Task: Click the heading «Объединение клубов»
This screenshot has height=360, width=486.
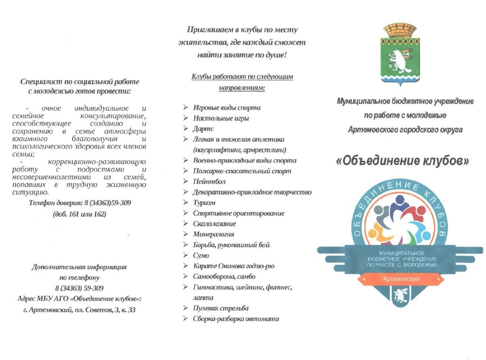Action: [x=402, y=161]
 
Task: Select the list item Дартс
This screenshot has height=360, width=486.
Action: [x=203, y=129]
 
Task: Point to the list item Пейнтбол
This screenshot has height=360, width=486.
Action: [x=209, y=181]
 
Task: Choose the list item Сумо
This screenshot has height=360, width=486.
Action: [x=201, y=255]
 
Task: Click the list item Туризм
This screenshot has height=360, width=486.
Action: [x=204, y=203]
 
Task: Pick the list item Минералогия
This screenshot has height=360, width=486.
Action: [x=214, y=234]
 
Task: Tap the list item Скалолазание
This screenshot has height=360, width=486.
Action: [x=215, y=223]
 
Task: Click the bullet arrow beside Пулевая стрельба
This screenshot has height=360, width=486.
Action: [x=186, y=308]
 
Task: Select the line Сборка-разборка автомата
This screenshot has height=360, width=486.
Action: [x=236, y=319]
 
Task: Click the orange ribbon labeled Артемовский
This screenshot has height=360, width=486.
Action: [x=401, y=279]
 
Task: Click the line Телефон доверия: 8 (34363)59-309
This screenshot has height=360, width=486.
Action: [x=80, y=203]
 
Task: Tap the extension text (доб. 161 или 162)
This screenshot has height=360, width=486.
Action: [x=80, y=214]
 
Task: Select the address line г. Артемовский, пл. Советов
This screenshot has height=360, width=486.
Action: [x=79, y=310]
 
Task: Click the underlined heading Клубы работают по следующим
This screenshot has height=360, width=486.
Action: [x=242, y=76]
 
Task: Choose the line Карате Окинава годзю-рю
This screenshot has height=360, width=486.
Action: [x=234, y=266]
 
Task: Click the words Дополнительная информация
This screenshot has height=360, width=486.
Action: [x=79, y=267]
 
